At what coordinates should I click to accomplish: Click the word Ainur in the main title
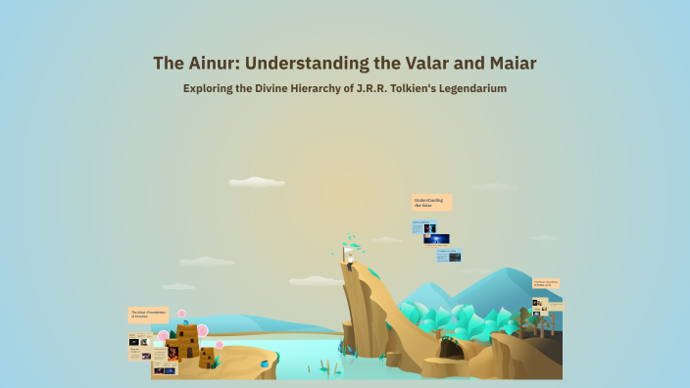pyautogui.click(x=207, y=64)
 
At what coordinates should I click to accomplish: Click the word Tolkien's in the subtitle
pyautogui.click(x=404, y=88)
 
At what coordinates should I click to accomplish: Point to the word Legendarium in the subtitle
pyautogui.click(x=469, y=88)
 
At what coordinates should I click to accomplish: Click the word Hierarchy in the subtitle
pyautogui.click(x=317, y=88)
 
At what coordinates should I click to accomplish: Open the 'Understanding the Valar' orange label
pyautogui.click(x=431, y=202)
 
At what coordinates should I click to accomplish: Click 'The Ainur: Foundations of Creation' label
pyautogui.click(x=148, y=315)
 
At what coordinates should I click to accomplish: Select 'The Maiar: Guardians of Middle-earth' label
pyautogui.click(x=546, y=283)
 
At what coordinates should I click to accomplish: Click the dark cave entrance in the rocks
pyautogui.click(x=453, y=348)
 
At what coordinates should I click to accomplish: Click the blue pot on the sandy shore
pyautogui.click(x=264, y=364)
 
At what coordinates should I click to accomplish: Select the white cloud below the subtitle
pyautogui.click(x=256, y=181)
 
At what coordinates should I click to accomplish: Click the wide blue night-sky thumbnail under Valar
pyautogui.click(x=436, y=238)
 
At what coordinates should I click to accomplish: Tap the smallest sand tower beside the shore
pyautogui.click(x=206, y=358)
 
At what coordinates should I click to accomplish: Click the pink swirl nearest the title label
pyautogui.click(x=181, y=314)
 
